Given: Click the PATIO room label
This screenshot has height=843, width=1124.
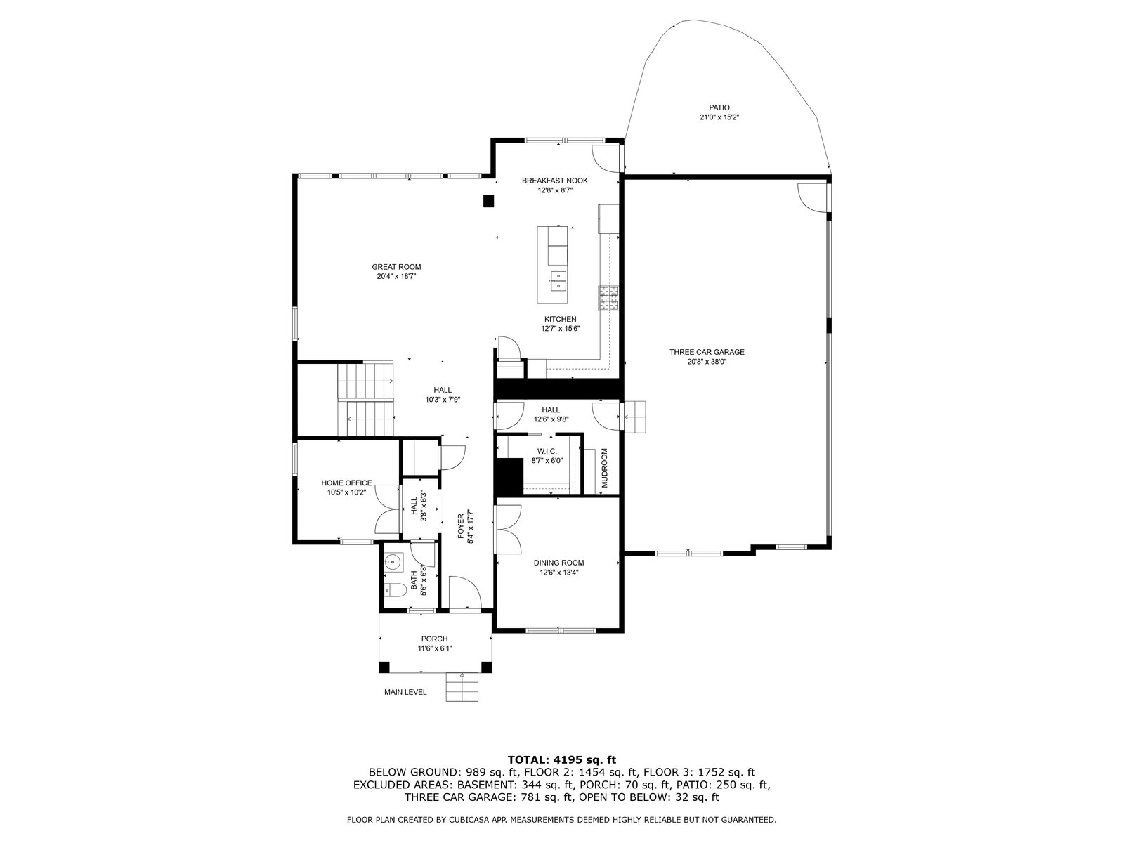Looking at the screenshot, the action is coord(719,107).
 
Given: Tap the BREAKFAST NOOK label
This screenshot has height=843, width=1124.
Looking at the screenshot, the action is coord(554,181).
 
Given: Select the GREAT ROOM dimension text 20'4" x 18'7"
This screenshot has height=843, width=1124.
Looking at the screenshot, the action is coord(396,276).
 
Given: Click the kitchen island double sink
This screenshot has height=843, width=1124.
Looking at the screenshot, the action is coord(558,280).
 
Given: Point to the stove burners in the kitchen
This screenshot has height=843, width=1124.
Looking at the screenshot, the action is coord(608,299).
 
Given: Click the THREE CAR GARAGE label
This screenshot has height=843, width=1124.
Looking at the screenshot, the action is coord(707,352).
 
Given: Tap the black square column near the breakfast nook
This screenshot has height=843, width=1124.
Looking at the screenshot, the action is coord(488,201).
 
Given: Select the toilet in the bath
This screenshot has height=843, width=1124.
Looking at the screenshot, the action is coord(395,590).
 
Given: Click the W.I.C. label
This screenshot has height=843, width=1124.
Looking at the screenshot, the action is coord(547,451).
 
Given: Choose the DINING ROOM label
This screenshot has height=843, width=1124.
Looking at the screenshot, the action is coord(558,563).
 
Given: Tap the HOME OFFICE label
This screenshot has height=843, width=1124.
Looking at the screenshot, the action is coord(346,483).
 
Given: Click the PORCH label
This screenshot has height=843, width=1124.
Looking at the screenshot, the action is coord(434,639).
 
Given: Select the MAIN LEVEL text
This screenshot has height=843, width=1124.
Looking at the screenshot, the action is coord(405,692).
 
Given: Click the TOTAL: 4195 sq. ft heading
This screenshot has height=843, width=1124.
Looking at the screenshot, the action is coord(562,759).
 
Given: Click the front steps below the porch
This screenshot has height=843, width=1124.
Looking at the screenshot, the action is coord(462,686).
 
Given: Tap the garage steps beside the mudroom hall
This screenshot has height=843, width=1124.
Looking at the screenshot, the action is coord(634,417).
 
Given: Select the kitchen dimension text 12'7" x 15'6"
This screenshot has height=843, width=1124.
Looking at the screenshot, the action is coord(560,329).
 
